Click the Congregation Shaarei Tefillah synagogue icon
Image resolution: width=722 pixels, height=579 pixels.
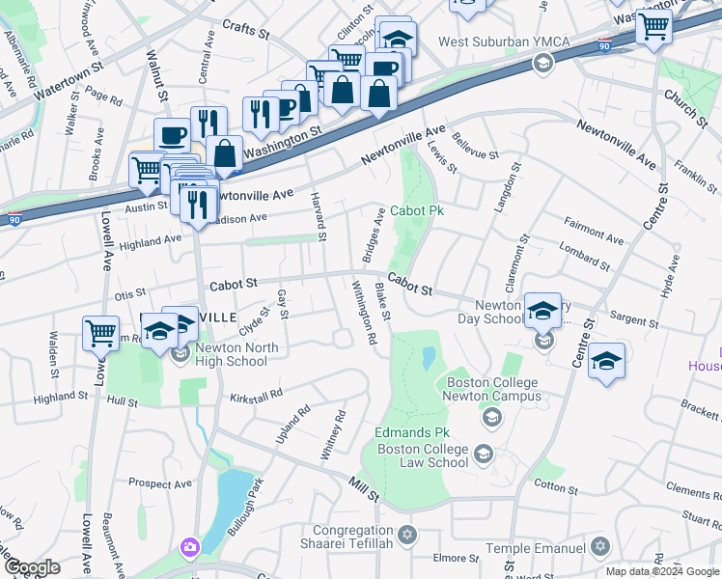coord(406,534)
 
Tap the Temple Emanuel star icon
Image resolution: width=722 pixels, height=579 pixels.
coord(599,547)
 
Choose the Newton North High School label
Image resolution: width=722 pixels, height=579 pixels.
coord(236,355)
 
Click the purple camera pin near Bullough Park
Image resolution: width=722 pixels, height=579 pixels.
coord(189,548)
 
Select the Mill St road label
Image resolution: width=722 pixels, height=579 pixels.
coord(364,487)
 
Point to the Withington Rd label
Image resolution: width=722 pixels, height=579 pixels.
coord(362,312)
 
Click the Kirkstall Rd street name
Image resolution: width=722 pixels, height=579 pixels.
coord(256,396)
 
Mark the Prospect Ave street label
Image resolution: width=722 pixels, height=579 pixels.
coord(161,483)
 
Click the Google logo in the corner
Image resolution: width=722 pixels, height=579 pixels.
coord(32,567)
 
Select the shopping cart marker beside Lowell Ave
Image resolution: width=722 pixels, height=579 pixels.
coord(100,334)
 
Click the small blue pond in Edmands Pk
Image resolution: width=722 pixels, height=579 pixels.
coord(428,359)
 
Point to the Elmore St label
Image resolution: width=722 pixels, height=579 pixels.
coord(450,558)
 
